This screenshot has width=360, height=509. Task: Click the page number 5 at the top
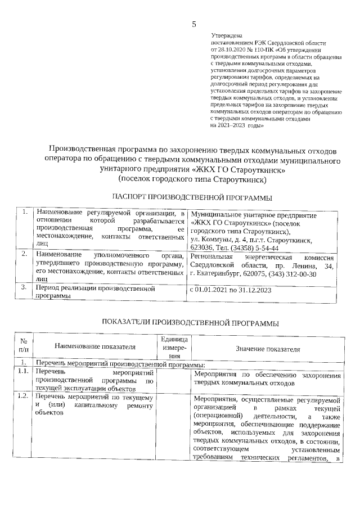(194, 24)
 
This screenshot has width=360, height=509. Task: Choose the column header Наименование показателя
(96, 348)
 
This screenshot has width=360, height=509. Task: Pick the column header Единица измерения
(174, 348)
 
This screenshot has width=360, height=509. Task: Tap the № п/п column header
(24, 348)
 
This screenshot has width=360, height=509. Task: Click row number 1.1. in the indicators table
(23, 372)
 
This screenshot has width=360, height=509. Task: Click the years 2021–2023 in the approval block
(233, 126)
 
